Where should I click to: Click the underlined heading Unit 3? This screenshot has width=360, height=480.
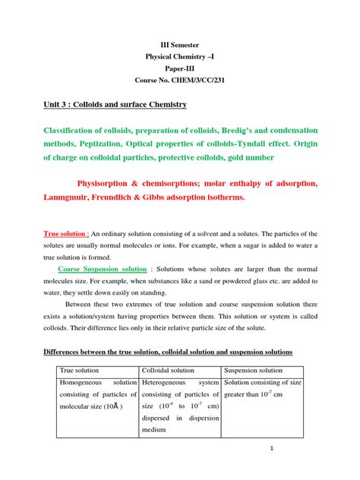(51, 103)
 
